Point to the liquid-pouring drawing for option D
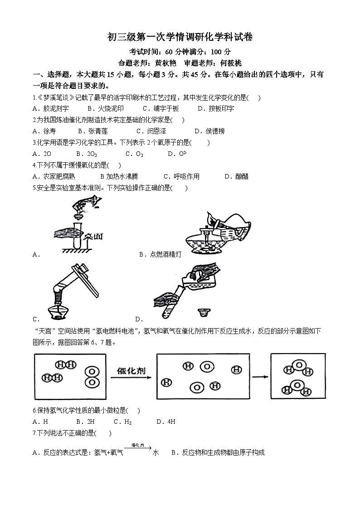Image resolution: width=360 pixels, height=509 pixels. [188, 290]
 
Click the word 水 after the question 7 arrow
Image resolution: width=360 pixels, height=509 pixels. [156, 452]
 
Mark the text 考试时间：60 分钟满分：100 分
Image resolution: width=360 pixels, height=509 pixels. [180, 52]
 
